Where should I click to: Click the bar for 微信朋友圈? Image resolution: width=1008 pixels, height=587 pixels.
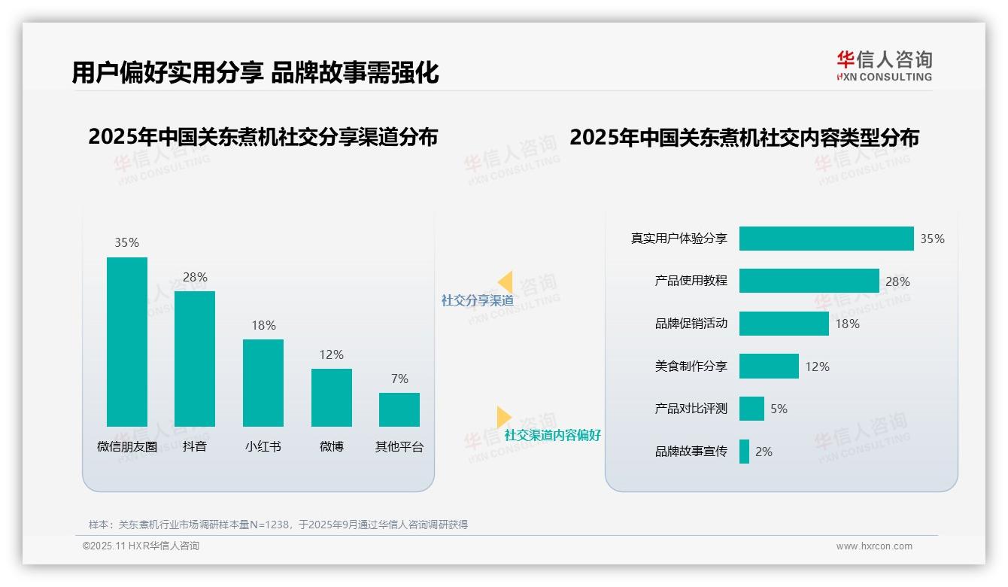127,342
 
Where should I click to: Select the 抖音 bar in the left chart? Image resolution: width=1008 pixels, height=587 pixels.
195,359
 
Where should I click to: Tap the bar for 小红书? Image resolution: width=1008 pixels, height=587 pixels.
263,383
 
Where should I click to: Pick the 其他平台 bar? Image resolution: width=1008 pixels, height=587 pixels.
399,409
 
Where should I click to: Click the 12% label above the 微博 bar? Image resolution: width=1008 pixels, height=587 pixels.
331,354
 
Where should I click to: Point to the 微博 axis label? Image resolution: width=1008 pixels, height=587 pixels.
331,446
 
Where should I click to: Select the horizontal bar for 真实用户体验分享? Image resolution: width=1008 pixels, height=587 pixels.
826,239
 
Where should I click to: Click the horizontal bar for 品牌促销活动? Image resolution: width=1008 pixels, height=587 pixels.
784,324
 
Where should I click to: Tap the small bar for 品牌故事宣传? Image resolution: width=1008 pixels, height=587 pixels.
744,452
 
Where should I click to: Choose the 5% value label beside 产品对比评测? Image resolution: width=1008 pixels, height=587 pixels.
779,409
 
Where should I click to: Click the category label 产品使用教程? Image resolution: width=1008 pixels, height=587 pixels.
691,281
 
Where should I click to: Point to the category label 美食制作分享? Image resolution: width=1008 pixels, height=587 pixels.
691,366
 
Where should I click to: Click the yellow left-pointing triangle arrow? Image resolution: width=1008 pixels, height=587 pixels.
506,282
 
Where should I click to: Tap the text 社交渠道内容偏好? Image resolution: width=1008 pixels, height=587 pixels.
552,436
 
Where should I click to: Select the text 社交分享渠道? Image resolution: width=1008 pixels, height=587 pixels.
477,301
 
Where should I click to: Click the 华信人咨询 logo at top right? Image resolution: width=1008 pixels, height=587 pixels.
884,66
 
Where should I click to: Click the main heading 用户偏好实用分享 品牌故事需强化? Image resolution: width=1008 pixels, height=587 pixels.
255,72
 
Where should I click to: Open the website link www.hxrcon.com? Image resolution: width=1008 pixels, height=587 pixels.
873,546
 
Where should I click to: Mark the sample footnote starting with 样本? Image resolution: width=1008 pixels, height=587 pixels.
278,525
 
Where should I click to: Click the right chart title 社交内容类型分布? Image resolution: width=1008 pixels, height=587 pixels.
744,138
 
